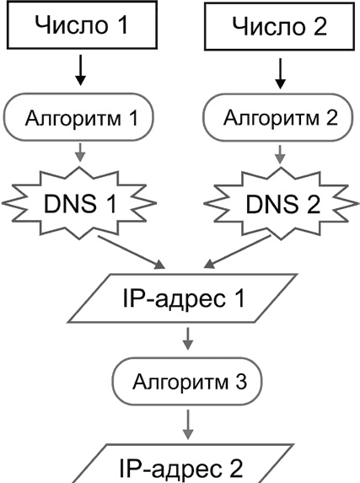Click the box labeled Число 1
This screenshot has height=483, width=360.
[82, 25]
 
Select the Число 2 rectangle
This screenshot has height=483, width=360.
[279, 26]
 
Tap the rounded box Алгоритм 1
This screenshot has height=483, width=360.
[79, 117]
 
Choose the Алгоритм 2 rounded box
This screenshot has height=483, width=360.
[277, 118]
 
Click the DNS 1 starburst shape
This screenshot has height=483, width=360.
[79, 203]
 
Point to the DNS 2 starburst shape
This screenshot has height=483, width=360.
[282, 204]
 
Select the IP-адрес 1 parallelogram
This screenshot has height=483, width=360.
[183, 298]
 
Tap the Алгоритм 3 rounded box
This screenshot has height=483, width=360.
[188, 381]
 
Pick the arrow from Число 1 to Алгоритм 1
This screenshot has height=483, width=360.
[80, 70]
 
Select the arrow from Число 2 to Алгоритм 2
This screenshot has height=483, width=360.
[280, 73]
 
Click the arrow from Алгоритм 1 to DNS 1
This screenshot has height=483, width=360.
[80, 153]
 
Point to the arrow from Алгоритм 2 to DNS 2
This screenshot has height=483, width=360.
[280, 154]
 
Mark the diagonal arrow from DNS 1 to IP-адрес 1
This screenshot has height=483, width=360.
[132, 253]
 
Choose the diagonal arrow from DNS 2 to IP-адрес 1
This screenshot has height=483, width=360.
[237, 252]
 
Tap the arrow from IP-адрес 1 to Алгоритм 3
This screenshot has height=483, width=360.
[188, 339]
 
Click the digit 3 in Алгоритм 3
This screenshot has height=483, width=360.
[241, 381]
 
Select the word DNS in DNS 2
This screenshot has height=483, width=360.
[272, 204]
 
